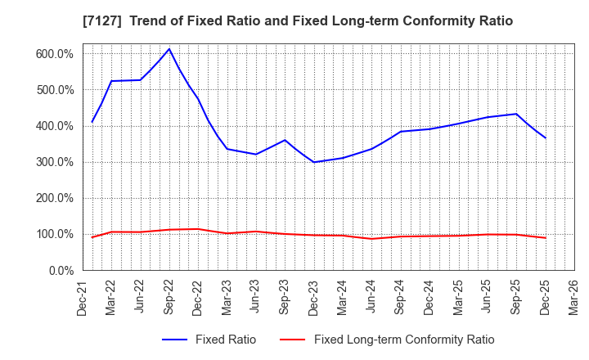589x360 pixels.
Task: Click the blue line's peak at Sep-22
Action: tap(169, 49)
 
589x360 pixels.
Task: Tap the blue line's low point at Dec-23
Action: tap(313, 162)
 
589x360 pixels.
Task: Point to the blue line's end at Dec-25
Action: tap(545, 137)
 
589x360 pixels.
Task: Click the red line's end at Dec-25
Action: tap(545, 238)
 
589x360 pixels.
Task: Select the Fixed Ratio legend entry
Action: tap(209, 340)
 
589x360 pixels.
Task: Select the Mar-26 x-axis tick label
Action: tap(573, 298)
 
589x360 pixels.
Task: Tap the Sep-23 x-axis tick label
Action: tap(286, 298)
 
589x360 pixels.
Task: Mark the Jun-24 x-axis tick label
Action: tap(372, 298)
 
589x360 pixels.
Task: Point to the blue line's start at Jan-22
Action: tap(92, 122)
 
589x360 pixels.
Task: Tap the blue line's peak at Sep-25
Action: tap(516, 114)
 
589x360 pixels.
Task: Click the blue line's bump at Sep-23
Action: tap(285, 140)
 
